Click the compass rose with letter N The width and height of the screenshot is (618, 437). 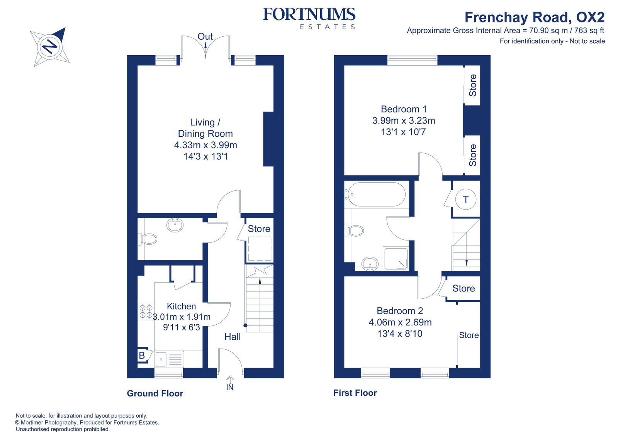click(50, 46)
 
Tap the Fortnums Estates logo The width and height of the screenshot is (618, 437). click(309, 18)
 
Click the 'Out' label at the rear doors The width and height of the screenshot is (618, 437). click(205, 36)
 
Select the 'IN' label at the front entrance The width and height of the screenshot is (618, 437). click(230, 387)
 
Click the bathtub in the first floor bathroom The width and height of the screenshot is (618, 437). click(375, 194)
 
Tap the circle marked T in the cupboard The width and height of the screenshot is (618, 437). click(465, 199)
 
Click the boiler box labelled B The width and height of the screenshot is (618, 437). click(142, 355)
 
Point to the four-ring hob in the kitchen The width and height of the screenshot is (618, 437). click(146, 312)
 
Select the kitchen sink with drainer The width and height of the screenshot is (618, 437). click(169, 359)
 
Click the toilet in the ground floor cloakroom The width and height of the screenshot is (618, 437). click(148, 239)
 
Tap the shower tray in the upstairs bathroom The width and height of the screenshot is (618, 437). click(396, 258)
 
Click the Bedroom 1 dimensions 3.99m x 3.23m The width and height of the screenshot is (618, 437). click(404, 120)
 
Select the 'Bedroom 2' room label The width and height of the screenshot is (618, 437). click(400, 311)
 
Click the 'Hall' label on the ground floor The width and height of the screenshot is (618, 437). click(233, 337)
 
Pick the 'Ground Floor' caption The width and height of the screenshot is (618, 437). click(155, 393)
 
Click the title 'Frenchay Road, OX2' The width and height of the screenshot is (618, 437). click(534, 17)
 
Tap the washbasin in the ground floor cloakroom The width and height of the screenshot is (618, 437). click(175, 225)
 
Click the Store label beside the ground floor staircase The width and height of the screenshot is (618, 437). click(259, 229)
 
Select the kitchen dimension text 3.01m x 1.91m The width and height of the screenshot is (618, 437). click(182, 317)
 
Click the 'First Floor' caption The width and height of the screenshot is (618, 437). click(355, 393)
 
